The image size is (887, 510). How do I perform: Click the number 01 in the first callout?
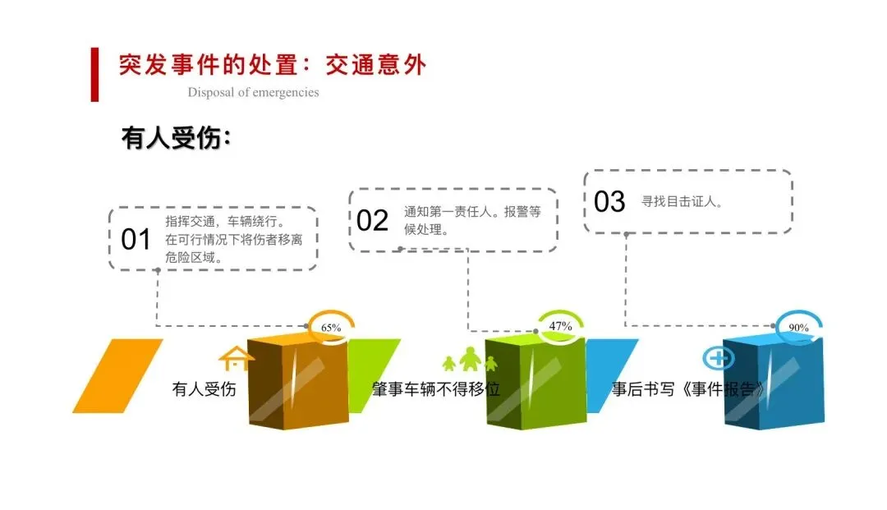(x=136, y=240)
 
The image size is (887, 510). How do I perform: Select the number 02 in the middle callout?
(x=372, y=220)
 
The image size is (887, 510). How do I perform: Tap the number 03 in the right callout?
(x=609, y=201)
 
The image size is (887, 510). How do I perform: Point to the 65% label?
(x=331, y=328)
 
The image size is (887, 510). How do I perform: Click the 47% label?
(x=560, y=326)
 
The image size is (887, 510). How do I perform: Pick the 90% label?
(x=798, y=328)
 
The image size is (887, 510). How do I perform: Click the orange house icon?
(x=235, y=359)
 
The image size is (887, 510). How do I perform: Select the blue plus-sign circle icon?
(x=719, y=358)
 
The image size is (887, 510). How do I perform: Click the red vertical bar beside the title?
(x=94, y=75)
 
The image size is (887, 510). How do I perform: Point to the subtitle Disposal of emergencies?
(x=253, y=92)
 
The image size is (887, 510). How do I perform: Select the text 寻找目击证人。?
(x=682, y=201)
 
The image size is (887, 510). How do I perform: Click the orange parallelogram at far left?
(x=117, y=375)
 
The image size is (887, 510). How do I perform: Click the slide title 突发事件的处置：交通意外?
(x=272, y=65)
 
